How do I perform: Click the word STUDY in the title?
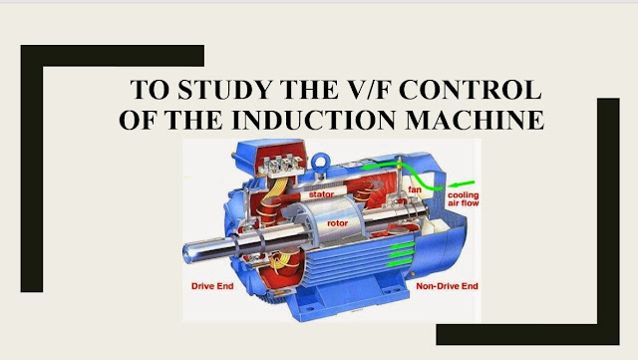coord(223,93)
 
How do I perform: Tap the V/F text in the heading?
coord(381,93)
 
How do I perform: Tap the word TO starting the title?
coord(150,93)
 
